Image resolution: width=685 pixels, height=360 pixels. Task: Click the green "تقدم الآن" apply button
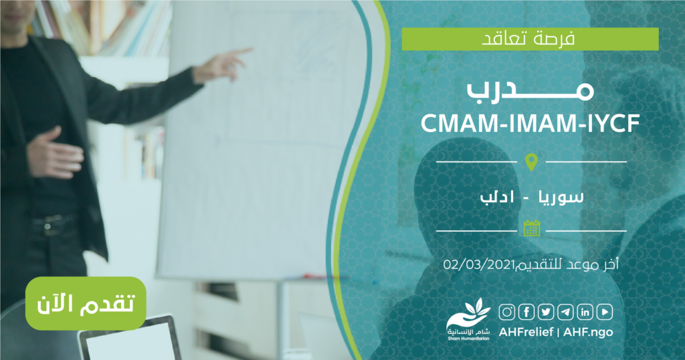tap(86, 303)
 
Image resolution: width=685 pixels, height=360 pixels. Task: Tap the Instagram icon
tap(507, 312)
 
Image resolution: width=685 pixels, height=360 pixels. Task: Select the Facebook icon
tap(526, 312)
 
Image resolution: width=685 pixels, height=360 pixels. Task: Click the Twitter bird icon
tap(546, 312)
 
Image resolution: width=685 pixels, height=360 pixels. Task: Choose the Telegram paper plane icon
tap(566, 312)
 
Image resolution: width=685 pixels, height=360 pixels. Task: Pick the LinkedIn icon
tap(585, 312)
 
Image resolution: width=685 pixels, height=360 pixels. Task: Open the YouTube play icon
tap(605, 312)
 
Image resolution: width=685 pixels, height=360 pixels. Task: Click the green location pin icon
tap(531, 162)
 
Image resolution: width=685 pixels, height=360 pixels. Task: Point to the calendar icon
tap(532, 228)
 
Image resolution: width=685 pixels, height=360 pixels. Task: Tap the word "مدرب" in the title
tap(530, 89)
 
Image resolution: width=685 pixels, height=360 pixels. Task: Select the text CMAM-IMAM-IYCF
tap(530, 123)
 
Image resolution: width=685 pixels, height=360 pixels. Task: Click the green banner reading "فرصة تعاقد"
tap(530, 39)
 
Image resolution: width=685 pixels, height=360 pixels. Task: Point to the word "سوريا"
tap(562, 196)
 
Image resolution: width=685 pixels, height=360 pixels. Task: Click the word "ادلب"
tap(498, 196)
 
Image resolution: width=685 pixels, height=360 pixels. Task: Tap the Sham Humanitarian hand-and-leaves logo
tap(468, 319)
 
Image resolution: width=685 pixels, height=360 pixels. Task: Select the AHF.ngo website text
tap(588, 332)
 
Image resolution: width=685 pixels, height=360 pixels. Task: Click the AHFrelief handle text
tap(526, 332)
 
